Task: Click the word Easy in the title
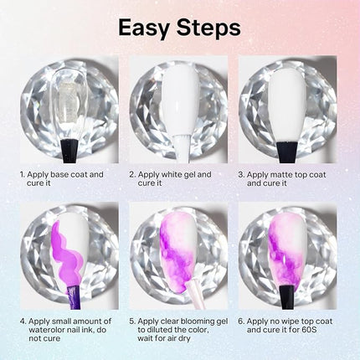click(144, 28)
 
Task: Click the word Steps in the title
click(208, 28)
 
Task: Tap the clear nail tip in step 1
click(69, 103)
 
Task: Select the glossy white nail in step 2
click(181, 100)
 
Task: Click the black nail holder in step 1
click(69, 151)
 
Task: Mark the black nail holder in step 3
click(287, 152)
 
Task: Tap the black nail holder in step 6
click(287, 297)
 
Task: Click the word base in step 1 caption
click(59, 175)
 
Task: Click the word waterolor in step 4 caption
click(47, 330)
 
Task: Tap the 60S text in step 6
click(309, 330)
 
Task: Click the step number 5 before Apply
click(131, 321)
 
